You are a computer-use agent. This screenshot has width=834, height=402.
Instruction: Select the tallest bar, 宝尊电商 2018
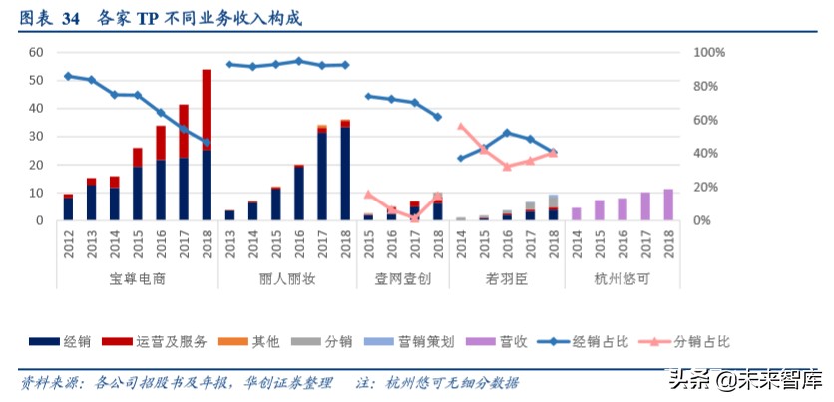[x=207, y=145]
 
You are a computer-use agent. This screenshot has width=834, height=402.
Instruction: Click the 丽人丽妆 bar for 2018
[x=345, y=170]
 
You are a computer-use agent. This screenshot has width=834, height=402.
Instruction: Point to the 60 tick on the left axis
[x=36, y=52]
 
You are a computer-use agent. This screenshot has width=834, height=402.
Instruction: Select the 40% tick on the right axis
[x=706, y=153]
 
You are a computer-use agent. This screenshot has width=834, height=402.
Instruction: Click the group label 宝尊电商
[x=138, y=279]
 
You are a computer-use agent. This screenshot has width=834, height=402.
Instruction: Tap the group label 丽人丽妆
[x=287, y=279]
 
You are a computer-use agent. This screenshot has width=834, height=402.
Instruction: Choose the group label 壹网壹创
[x=403, y=279]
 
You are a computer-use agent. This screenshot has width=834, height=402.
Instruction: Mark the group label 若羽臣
[x=507, y=279]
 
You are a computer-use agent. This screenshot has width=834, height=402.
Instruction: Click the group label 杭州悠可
[x=622, y=279]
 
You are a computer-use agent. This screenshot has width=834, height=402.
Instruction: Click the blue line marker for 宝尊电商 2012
[x=68, y=76]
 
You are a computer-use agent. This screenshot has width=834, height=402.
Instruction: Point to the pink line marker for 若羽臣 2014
[x=460, y=127]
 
